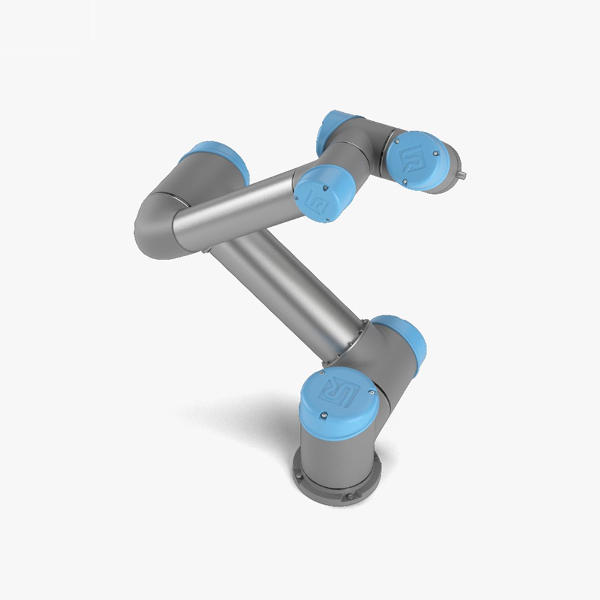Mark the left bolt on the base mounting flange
point(298,476)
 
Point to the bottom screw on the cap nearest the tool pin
point(405,181)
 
